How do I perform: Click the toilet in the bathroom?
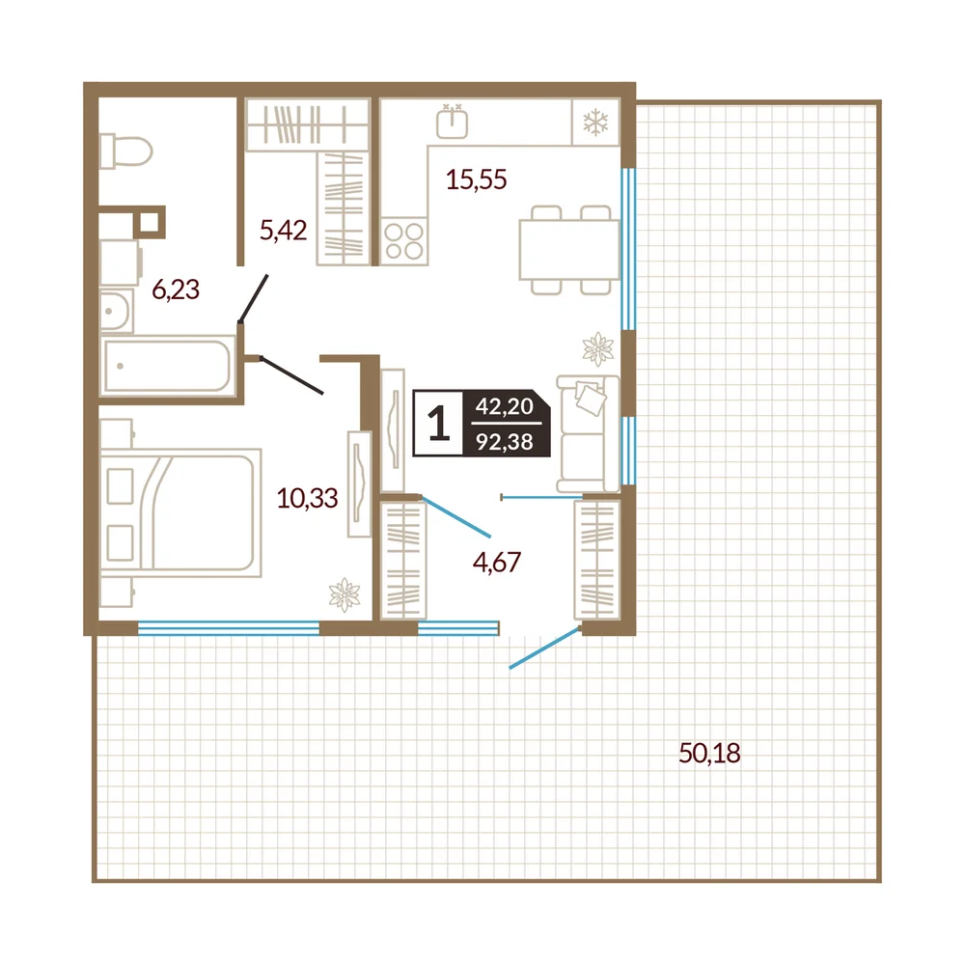[x=125, y=151]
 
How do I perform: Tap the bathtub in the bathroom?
[x=168, y=366]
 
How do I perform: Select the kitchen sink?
[x=453, y=122]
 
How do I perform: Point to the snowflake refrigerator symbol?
[x=595, y=122]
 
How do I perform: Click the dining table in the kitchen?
[x=569, y=250]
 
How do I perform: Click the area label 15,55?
[x=477, y=179]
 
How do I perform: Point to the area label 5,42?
[x=283, y=231]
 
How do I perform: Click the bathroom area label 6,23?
[x=176, y=289]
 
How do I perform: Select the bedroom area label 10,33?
[x=307, y=498]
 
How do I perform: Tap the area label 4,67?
[x=497, y=562]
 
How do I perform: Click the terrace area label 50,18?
[x=709, y=753]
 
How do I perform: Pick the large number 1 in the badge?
[x=439, y=424]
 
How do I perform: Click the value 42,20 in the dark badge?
[x=505, y=406]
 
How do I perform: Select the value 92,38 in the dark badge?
[x=505, y=441]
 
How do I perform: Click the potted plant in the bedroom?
[x=345, y=595]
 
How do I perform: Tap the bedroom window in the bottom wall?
[x=229, y=628]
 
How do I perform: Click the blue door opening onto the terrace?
[x=545, y=648]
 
